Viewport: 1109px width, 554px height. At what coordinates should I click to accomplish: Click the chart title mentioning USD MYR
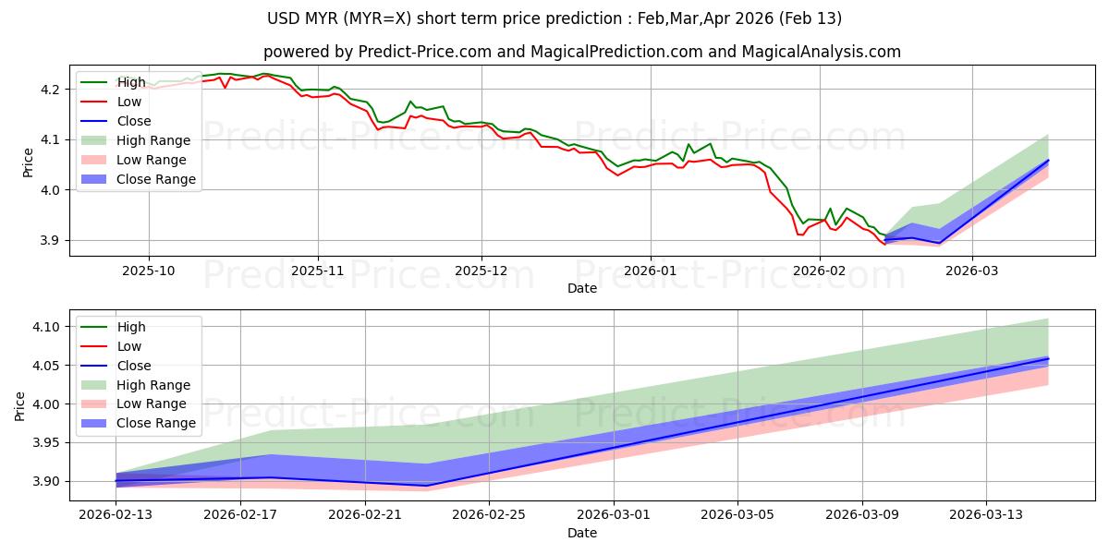(x=554, y=18)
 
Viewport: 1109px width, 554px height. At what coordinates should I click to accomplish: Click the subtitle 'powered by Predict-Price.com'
(x=582, y=52)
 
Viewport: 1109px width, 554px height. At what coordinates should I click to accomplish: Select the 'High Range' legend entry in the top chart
(x=153, y=140)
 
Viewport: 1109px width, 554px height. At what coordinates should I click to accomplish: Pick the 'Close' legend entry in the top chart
(x=134, y=121)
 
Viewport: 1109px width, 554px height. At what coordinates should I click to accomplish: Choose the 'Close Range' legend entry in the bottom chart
(x=156, y=423)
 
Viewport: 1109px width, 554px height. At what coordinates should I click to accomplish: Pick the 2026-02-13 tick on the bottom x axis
(x=116, y=514)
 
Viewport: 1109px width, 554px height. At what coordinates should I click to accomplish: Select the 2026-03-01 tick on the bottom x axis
(x=614, y=514)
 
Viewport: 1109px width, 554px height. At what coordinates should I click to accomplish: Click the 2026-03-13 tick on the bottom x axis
(x=987, y=514)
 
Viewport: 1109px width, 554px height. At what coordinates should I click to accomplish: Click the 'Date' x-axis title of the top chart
(x=582, y=288)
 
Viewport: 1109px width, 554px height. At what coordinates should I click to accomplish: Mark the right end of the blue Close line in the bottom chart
(x=1048, y=358)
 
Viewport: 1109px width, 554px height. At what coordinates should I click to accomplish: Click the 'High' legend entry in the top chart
(x=131, y=82)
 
